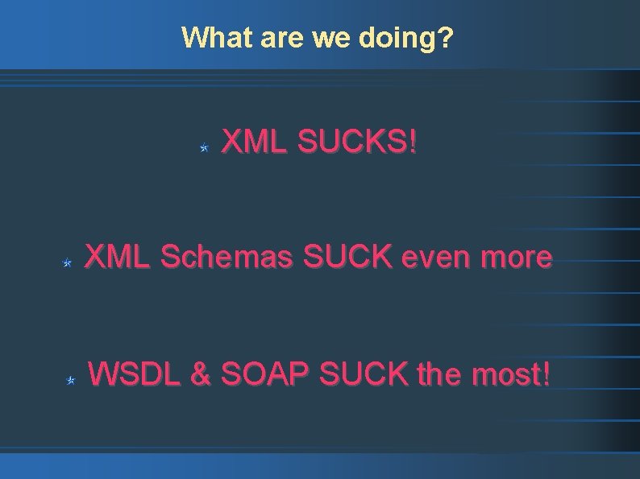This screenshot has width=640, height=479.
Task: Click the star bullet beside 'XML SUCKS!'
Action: [205, 148]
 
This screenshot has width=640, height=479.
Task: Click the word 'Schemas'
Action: [227, 258]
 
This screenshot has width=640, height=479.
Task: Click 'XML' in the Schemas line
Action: [117, 258]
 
